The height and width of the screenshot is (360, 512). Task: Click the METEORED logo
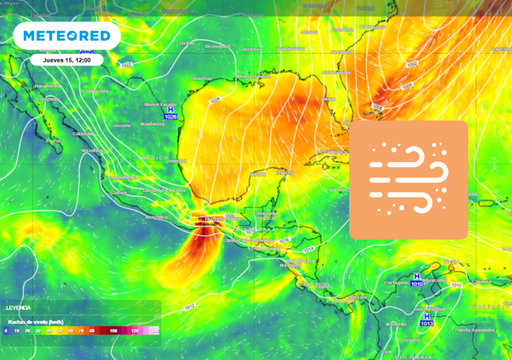pos(66,37)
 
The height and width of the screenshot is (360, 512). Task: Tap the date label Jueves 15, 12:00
pos(67,59)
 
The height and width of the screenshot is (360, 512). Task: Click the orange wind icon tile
pos(409,179)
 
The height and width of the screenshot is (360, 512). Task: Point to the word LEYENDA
pos(19,308)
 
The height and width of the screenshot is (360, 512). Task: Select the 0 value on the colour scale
pos(5,329)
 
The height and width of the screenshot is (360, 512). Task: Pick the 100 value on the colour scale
pos(116,329)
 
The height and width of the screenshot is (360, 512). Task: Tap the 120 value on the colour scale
pos(134,329)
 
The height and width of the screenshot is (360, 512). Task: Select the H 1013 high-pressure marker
pos(428,319)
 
